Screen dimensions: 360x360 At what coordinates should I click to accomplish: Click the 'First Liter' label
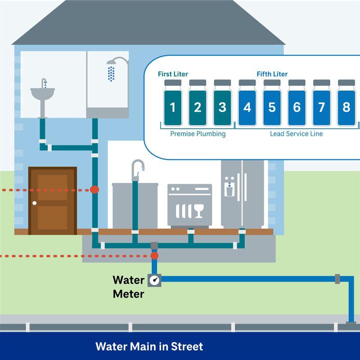tap(173, 74)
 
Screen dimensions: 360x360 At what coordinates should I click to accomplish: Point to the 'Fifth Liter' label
tap(272, 74)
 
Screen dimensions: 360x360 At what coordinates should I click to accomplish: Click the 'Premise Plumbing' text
tap(198, 134)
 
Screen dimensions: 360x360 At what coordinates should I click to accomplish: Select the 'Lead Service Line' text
tap(296, 134)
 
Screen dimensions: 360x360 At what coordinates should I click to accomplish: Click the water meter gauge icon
tap(155, 279)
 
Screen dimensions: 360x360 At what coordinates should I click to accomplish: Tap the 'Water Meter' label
tap(128, 287)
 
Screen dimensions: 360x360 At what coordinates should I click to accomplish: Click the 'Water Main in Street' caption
tap(149, 346)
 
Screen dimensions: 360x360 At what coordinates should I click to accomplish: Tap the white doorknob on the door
tap(35, 203)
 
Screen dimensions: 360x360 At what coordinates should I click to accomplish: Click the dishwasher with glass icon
tap(189, 205)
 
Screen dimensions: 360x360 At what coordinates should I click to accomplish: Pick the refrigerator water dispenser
tap(229, 189)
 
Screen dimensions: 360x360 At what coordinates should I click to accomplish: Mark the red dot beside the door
tap(94, 189)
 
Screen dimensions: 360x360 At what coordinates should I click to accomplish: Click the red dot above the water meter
tap(154, 256)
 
